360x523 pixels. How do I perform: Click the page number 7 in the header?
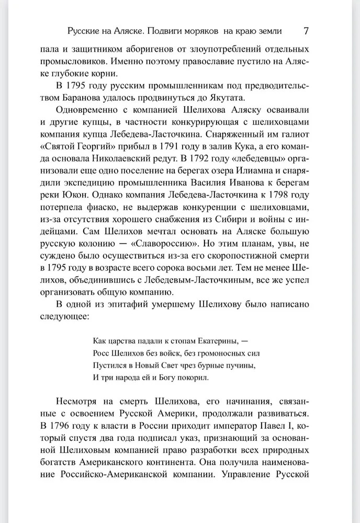pyautogui.click(x=307, y=31)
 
